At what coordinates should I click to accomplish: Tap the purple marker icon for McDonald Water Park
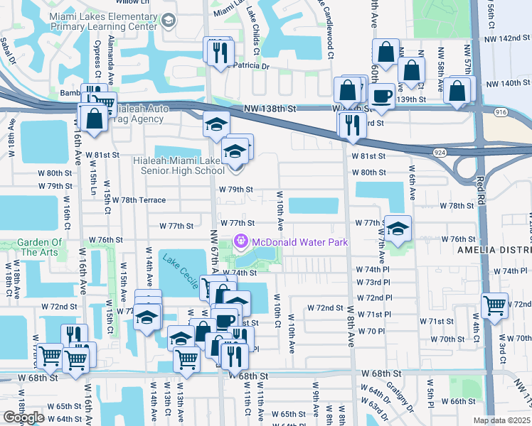click(x=240, y=243)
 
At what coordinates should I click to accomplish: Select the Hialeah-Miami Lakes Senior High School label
click(x=179, y=165)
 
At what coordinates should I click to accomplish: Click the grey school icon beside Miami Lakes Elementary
click(x=167, y=21)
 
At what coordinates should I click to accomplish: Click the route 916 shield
click(x=499, y=112)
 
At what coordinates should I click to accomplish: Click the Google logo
click(x=23, y=417)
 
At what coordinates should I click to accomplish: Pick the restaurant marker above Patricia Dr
click(x=218, y=51)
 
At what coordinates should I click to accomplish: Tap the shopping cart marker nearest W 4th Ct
click(x=495, y=305)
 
